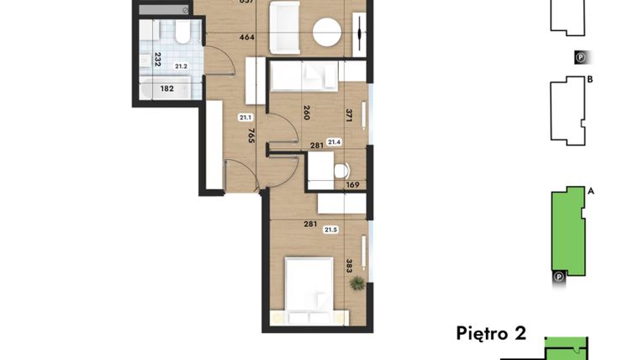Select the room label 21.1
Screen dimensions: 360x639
click(246, 118)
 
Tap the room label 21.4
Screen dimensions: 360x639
click(334, 141)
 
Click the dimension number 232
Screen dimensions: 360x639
click(156, 60)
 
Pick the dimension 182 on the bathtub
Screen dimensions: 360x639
click(167, 87)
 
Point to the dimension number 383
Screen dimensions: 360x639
click(348, 267)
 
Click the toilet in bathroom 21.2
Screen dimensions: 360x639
click(182, 34)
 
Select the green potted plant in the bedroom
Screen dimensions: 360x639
click(359, 283)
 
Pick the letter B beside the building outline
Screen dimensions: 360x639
click(591, 81)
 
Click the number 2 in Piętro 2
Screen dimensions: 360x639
click(520, 333)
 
